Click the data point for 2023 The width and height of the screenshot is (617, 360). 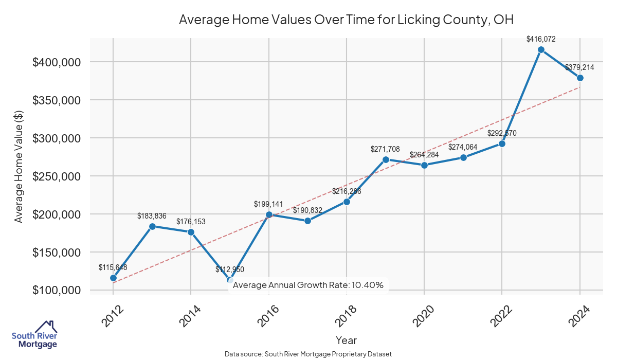point(541,49)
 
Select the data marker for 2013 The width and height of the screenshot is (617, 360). point(152,226)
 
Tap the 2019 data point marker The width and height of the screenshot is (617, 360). point(386,159)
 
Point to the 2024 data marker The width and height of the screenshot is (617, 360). point(580,78)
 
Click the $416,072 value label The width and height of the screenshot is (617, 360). point(541,39)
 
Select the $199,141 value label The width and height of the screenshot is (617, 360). point(268,204)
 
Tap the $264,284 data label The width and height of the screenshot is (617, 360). point(424,155)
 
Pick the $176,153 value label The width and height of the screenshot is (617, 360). point(191,222)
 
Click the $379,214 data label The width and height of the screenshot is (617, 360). point(580,67)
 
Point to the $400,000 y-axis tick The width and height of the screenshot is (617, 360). point(57,62)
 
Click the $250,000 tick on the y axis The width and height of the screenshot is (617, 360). point(57,176)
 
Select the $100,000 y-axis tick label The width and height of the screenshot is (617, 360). point(57,291)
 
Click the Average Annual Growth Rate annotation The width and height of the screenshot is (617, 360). point(308,285)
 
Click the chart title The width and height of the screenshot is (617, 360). point(346,20)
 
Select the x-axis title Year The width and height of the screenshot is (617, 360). point(346,340)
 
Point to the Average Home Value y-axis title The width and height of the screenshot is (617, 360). point(19,166)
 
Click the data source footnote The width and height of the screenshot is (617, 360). point(308,354)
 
